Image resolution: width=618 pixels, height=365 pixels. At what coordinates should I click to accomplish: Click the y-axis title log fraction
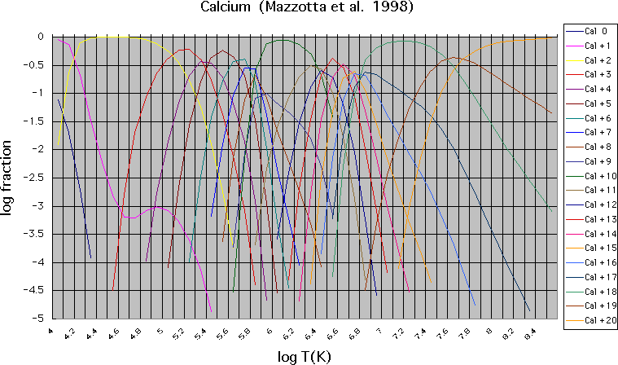pos(10,178)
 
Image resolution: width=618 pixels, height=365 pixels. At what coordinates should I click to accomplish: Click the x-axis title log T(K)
pos(302,354)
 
